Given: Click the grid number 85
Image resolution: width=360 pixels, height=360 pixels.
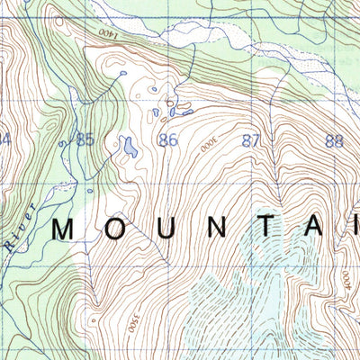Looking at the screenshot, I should [x=85, y=139].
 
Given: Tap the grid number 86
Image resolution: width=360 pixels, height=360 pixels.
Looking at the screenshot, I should [x=167, y=140].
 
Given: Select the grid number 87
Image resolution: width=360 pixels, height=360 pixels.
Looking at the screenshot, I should [x=251, y=140].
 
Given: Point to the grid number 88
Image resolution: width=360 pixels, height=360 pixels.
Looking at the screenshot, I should [x=335, y=140].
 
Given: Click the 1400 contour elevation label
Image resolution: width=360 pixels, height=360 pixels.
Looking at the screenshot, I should [x=108, y=31].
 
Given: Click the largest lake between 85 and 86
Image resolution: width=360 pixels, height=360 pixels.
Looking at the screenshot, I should [x=130, y=146].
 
